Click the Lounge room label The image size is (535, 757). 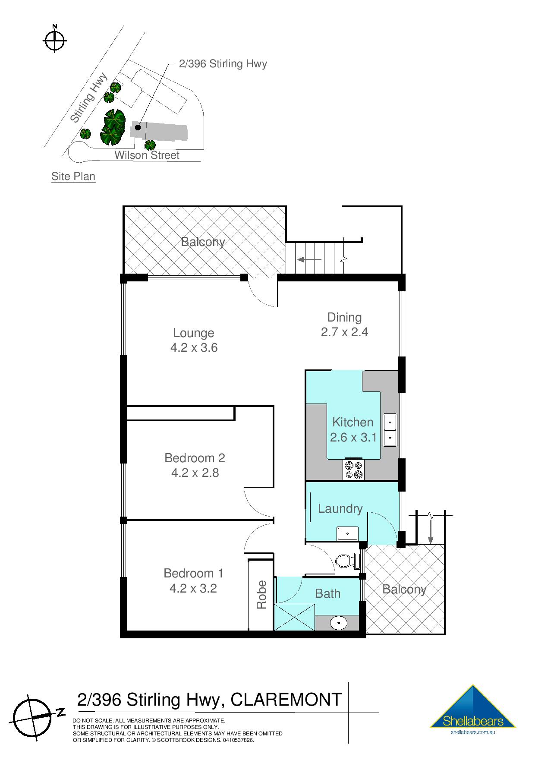coord(193,333)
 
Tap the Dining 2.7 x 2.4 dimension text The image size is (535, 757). coord(344,332)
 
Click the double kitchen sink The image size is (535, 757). coord(390,429)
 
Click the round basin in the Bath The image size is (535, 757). coord(339,623)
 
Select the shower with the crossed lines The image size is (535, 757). coord(295,617)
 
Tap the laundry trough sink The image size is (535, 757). coord(347,533)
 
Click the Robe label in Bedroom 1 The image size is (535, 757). coord(261,595)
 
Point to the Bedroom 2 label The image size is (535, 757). coord(195,457)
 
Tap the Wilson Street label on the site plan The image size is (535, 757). coord(147,155)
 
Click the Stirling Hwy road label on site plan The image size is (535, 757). coord(89,98)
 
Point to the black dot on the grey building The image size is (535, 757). coord(138,127)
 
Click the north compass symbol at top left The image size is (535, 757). coord(55,41)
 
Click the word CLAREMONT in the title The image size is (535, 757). coord(286,700)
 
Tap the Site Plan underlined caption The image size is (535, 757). coord(73,177)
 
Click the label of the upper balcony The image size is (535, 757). coord(203,242)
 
